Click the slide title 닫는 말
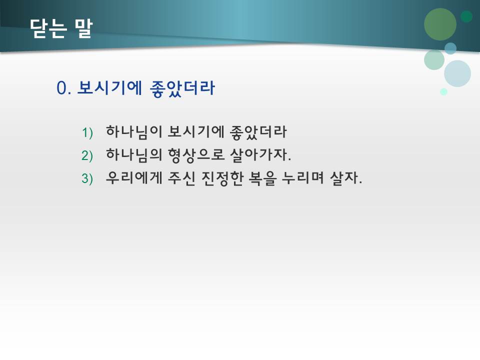pyautogui.click(x=61, y=28)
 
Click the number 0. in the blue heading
pyautogui.click(x=65, y=88)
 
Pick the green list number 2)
pyautogui.click(x=87, y=155)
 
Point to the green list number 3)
pyautogui.click(x=87, y=178)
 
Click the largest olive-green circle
pyautogui.click(x=440, y=24)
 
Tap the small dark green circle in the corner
pyautogui.click(x=466, y=16)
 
